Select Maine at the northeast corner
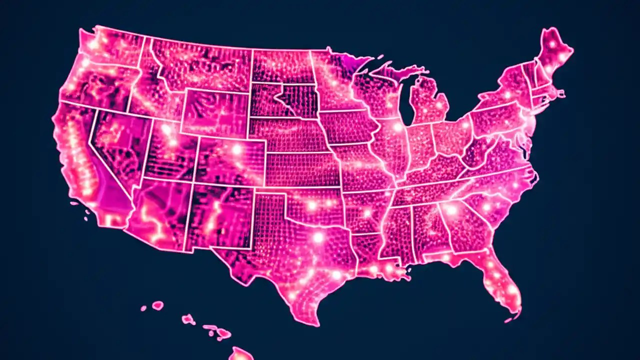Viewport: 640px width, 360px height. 554,50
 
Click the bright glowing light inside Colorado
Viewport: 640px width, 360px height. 236,149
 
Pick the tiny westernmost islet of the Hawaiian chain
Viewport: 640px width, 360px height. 143,308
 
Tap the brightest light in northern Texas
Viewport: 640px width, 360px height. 318,237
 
